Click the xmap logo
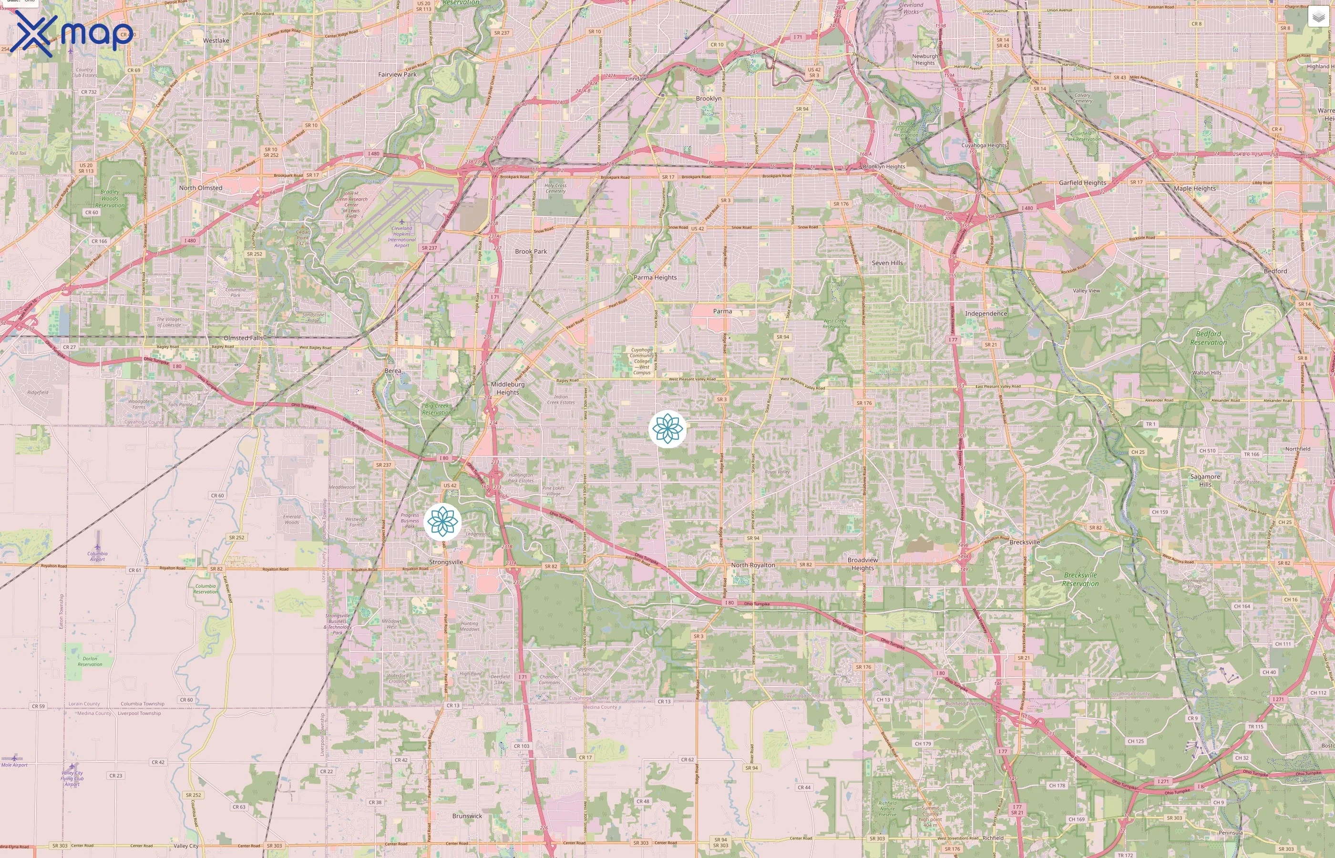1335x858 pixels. pyautogui.click(x=72, y=33)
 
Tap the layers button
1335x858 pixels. pyautogui.click(x=1318, y=17)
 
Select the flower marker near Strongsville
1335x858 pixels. pyautogui.click(x=442, y=521)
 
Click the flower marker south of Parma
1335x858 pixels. pyautogui.click(x=667, y=429)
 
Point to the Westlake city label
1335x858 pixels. pyautogui.click(x=216, y=41)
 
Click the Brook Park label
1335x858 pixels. pyautogui.click(x=531, y=251)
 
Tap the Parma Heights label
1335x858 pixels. pyautogui.click(x=655, y=277)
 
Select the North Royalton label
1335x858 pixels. pyautogui.click(x=753, y=565)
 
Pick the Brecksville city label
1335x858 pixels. pyautogui.click(x=1025, y=542)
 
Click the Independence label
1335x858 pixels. pyautogui.click(x=986, y=314)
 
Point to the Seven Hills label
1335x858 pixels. pyautogui.click(x=887, y=263)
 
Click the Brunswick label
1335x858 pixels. pyautogui.click(x=467, y=816)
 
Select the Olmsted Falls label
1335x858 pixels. pyautogui.click(x=243, y=338)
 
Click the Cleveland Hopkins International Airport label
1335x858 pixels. pyautogui.click(x=402, y=237)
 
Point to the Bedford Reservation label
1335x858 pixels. pyautogui.click(x=1208, y=338)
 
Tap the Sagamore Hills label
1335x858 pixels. pyautogui.click(x=1205, y=480)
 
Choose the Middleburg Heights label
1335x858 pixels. pyautogui.click(x=508, y=388)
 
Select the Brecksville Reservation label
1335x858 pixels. pyautogui.click(x=1080, y=580)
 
